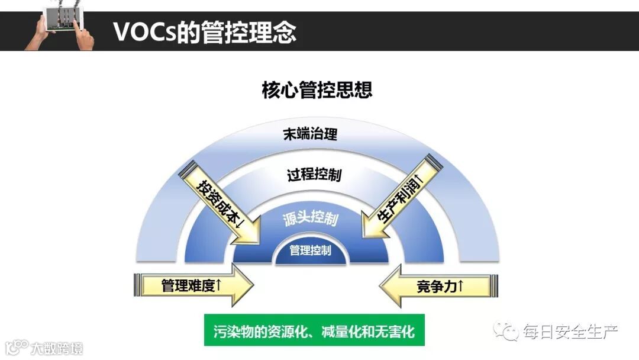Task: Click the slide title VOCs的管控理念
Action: click(204, 32)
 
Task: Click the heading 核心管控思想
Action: click(317, 91)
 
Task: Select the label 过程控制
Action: click(314, 175)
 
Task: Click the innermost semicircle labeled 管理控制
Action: click(310, 250)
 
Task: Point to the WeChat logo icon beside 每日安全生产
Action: click(508, 330)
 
